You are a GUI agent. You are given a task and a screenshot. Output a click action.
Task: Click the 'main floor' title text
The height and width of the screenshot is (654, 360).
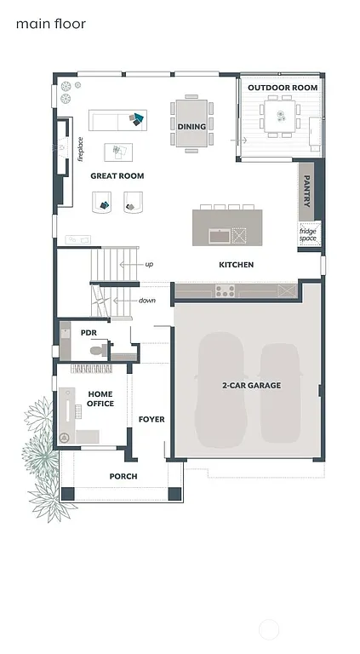pos(51,25)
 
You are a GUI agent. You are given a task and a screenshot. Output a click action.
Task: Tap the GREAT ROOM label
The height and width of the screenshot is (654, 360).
pos(117,176)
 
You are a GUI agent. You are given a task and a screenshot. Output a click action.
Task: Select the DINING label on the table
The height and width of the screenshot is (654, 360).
pos(191,127)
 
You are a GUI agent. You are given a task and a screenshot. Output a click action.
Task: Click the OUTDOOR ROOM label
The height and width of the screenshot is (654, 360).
pos(282,88)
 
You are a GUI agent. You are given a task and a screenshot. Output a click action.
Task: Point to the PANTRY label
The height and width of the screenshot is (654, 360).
pos(307,192)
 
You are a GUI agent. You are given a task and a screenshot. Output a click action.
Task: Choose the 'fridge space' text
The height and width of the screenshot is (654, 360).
pos(307,234)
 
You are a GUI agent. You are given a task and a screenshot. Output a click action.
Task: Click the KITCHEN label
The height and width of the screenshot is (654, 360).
pos(236,265)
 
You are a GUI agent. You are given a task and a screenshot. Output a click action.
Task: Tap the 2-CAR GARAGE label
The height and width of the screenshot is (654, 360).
pos(251,386)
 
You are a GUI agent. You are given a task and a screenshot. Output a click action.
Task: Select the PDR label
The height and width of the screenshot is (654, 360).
pos(88,333)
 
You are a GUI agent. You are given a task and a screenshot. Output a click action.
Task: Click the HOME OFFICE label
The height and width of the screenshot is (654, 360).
pos(100,398)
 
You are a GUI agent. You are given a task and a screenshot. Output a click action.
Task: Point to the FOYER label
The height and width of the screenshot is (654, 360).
pos(151,419)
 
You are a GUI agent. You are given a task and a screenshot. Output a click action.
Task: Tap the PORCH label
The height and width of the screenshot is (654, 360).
pos(123,476)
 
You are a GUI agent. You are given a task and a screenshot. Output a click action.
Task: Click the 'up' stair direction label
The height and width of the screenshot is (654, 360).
pos(149,264)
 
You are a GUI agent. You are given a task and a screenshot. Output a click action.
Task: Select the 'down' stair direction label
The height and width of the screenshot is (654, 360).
pos(147,301)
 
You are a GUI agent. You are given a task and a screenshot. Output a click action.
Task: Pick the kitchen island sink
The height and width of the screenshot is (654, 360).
pos(218,235)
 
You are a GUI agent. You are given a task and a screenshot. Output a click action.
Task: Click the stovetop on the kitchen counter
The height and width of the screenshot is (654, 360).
pos(225,290)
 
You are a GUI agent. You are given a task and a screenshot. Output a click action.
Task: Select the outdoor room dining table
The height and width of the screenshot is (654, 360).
pos(280,115)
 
